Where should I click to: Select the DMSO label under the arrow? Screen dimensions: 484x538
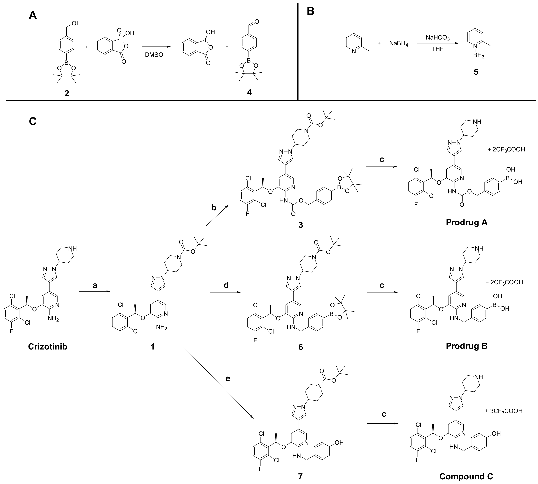(154, 55)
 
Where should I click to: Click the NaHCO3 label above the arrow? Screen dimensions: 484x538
(438, 38)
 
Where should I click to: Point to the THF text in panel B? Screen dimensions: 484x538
(438, 49)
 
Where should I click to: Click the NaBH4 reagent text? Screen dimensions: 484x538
(398, 43)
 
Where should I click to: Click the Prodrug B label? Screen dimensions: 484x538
(466, 346)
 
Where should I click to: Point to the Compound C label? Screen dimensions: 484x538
(466, 476)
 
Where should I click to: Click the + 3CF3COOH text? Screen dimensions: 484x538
(504, 411)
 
